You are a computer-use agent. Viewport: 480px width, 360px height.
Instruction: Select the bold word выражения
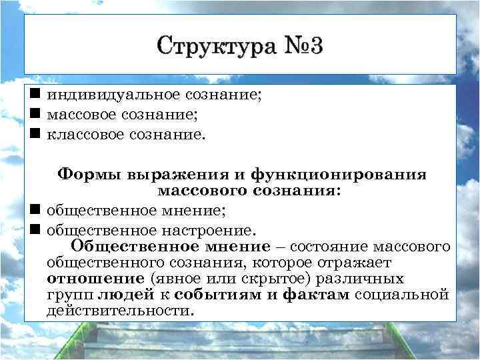pos(171,175)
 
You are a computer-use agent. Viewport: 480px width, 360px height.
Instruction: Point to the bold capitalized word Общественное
pos(124,247)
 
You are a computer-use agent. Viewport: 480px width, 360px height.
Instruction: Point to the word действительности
pos(120,310)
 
